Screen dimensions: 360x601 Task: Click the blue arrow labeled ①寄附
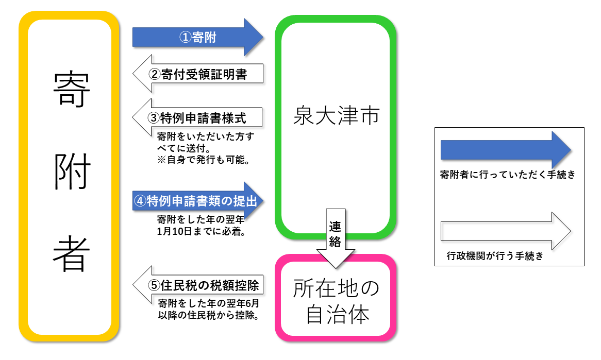(x=198, y=37)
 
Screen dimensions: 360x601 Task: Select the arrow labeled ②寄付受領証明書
(x=198, y=74)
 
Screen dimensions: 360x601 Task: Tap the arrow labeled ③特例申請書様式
(x=198, y=117)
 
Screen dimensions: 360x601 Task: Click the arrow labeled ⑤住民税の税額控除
(x=198, y=284)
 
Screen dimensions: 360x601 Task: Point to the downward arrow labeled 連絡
(x=336, y=237)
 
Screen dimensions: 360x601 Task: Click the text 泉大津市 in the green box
(x=336, y=117)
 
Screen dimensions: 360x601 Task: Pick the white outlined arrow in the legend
(x=505, y=230)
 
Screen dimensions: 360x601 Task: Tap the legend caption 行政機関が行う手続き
(x=495, y=255)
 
